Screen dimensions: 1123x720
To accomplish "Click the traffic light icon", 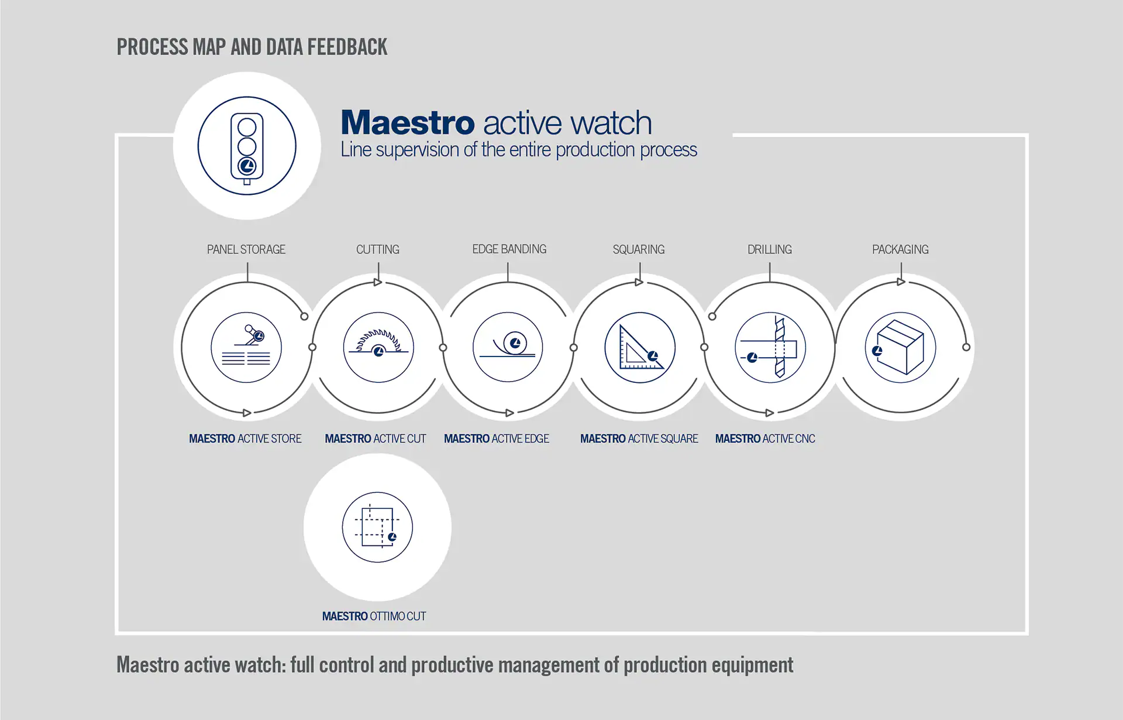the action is [x=247, y=146].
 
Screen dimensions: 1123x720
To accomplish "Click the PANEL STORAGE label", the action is [x=246, y=249].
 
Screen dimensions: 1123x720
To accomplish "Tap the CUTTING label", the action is [x=378, y=249].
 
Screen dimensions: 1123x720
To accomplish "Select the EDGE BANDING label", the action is [x=509, y=249].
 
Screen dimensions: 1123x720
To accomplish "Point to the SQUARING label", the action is [x=639, y=249].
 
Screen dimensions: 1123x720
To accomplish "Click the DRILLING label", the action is [x=770, y=249].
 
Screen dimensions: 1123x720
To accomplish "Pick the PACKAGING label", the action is [x=900, y=249].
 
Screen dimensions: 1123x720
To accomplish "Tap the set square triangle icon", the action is [x=640, y=347].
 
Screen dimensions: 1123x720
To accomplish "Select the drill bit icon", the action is [x=770, y=347].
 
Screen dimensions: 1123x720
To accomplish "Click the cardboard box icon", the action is [x=901, y=347].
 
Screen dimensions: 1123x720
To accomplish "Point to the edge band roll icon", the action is [x=508, y=347].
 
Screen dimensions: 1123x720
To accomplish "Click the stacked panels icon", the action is [x=246, y=347].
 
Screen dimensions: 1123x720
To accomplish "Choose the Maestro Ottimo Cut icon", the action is [x=377, y=527].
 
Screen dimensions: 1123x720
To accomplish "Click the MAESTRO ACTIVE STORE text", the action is [x=245, y=438].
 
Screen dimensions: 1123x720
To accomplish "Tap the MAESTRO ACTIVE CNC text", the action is [x=765, y=438].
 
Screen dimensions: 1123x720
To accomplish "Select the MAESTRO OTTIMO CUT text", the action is [x=374, y=616].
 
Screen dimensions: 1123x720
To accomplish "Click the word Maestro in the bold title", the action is [x=408, y=123].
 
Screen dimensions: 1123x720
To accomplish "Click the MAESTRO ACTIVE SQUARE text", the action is [x=639, y=438].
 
